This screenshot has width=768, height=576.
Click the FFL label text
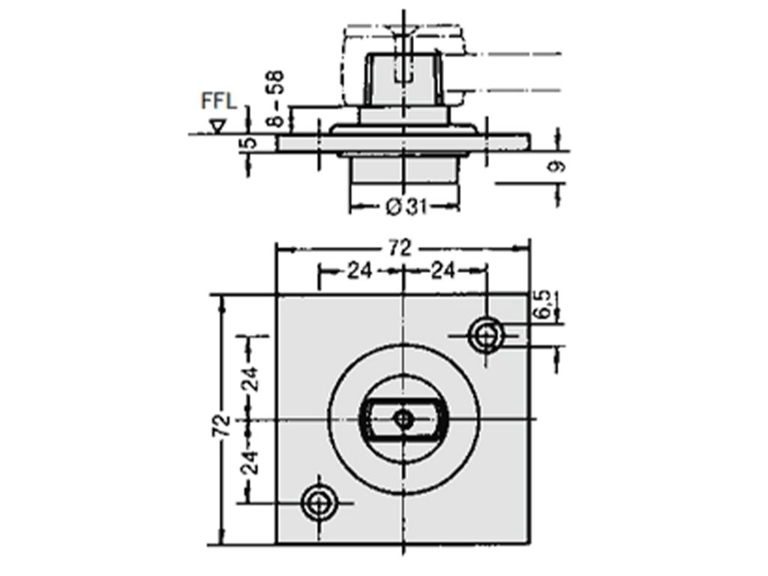click(219, 101)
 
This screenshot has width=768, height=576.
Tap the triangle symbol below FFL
click(217, 126)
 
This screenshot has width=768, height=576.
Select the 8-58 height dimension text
click(277, 99)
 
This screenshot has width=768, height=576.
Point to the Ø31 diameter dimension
click(406, 208)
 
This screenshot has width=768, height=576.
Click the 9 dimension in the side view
click(556, 167)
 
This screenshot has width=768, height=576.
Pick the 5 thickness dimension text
click(250, 142)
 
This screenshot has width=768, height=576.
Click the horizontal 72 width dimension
click(400, 249)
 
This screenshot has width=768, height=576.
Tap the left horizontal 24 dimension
click(360, 270)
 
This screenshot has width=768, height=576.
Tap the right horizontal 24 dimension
click(442, 270)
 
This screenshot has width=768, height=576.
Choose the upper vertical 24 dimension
click(252, 378)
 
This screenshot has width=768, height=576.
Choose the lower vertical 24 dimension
click(252, 462)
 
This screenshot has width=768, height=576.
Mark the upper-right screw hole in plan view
click(485, 335)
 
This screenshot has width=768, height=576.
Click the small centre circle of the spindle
click(403, 419)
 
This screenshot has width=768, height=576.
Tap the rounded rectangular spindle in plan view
click(403, 419)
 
